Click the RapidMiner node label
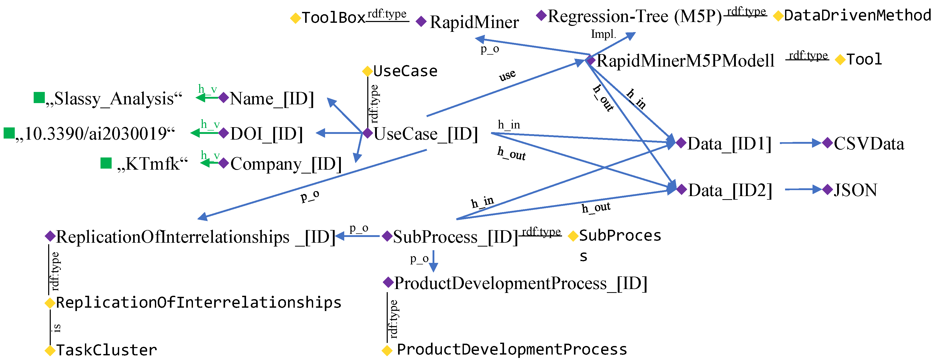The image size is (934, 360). click(x=474, y=23)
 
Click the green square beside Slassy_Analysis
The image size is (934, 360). click(x=39, y=98)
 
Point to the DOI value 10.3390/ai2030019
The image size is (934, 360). click(x=95, y=134)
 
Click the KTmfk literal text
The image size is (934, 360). click(x=152, y=164)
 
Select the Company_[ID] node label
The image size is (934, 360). click(x=286, y=164)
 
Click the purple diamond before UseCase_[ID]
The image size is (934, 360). click(x=368, y=133)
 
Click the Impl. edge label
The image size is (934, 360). click(x=603, y=34)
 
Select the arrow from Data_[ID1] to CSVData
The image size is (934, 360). click(x=800, y=143)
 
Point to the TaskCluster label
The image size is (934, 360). click(x=106, y=350)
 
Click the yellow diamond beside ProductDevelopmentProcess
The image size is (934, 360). click(x=387, y=350)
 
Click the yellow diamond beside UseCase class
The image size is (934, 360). click(x=368, y=71)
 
